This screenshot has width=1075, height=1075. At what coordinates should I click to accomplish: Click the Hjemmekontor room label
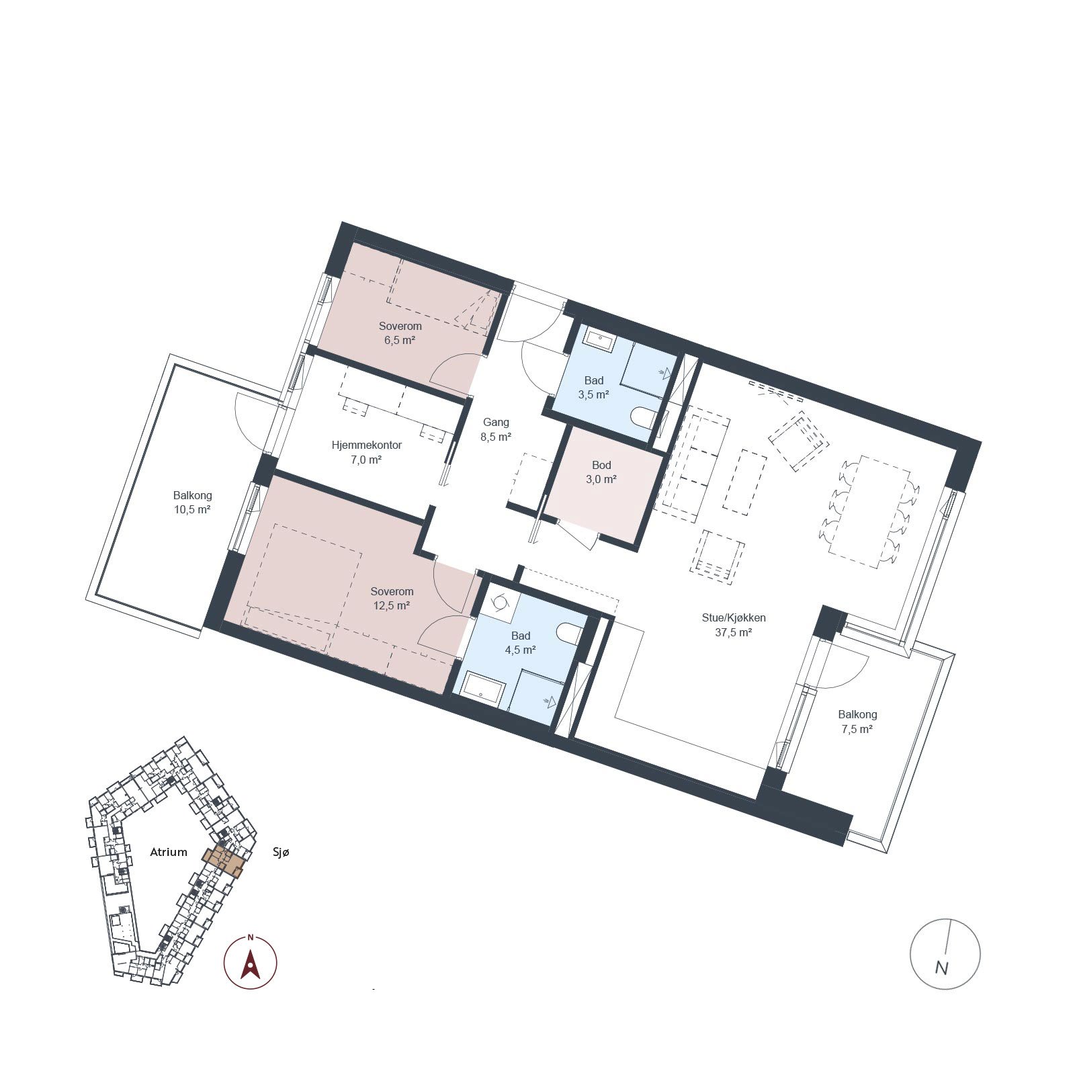367,445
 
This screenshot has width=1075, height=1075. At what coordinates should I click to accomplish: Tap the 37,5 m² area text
732,632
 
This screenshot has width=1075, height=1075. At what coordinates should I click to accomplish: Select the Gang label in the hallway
496,422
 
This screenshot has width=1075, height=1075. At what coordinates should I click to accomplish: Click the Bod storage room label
601,465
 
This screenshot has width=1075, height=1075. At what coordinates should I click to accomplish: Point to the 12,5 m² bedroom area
392,605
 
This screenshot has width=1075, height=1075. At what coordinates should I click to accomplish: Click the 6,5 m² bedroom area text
400,340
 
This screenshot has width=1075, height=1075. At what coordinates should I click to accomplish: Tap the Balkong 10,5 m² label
192,502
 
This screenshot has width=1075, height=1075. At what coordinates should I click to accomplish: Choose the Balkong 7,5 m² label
857,722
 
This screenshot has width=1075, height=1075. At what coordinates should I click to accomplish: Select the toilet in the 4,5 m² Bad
569,634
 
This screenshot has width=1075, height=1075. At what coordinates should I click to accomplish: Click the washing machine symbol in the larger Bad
499,603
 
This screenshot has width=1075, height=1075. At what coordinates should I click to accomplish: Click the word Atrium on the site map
168,852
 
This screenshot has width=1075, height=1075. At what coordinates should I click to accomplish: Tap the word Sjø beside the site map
281,852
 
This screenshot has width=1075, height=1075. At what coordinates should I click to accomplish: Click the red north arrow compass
251,962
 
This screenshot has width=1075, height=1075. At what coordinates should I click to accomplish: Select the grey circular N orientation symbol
945,953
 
